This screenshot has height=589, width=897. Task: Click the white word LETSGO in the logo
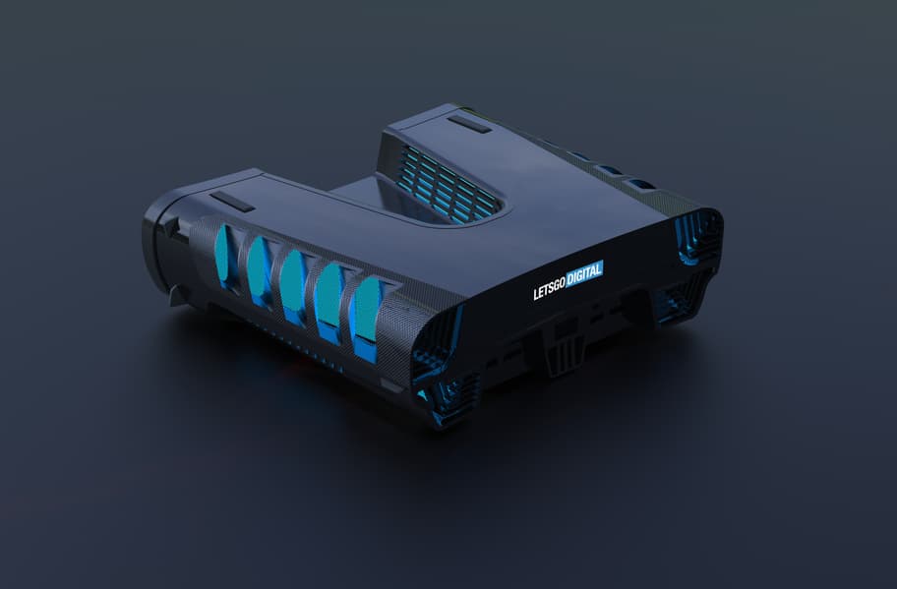tap(550, 288)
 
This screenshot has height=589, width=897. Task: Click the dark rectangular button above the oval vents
tap(232, 202)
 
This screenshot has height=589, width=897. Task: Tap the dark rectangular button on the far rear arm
tap(469, 124)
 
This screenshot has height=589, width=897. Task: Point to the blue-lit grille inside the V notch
tap(447, 184)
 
